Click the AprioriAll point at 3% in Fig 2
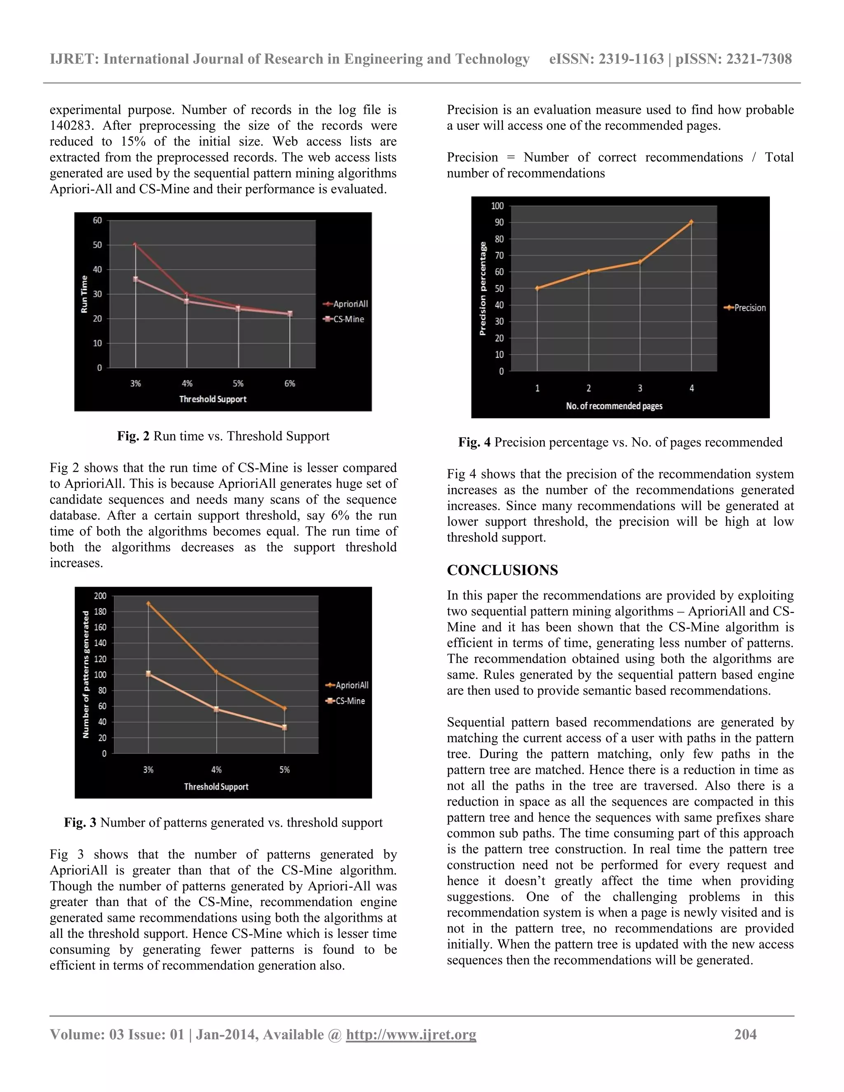136,245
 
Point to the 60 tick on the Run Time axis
98,220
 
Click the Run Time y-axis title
84,294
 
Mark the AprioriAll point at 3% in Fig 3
148,604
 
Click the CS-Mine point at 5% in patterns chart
284,727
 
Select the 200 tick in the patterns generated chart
101,595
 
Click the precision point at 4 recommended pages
692,222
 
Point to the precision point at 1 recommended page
537,288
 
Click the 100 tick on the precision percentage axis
497,206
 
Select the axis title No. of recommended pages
614,406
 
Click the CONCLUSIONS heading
502,570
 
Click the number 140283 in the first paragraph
70,126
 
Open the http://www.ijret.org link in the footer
411,1034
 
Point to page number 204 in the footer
745,1034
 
